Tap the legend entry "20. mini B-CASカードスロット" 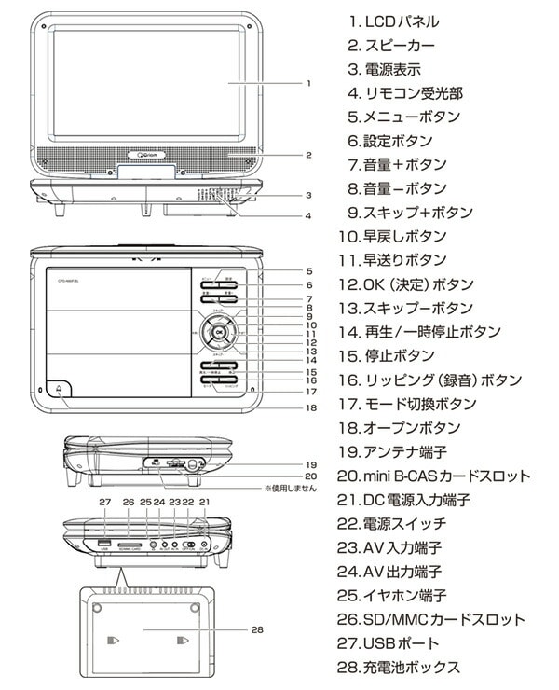pyautogui.click(x=433, y=476)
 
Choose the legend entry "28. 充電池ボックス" pyautogui.click(x=398, y=668)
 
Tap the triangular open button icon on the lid pyautogui.click(x=59, y=392)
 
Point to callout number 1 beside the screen pyautogui.click(x=307, y=83)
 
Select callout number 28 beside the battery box pyautogui.click(x=258, y=629)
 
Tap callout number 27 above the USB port pyautogui.click(x=104, y=503)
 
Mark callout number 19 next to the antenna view pyautogui.click(x=309, y=462)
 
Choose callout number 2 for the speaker pyautogui.click(x=307, y=155)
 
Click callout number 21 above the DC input pyautogui.click(x=206, y=503)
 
